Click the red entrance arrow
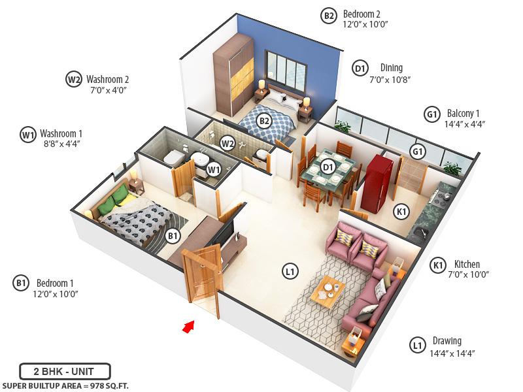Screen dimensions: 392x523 [x=188, y=325]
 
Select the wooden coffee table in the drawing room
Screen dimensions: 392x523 [x=328, y=291]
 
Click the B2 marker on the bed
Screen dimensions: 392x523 [x=263, y=121]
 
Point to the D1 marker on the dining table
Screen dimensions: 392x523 [x=328, y=167]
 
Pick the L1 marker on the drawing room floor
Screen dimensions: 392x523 [x=288, y=269]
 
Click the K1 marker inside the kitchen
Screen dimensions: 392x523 [x=401, y=212]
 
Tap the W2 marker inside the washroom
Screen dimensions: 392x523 [x=228, y=142]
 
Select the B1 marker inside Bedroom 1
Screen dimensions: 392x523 [x=173, y=236]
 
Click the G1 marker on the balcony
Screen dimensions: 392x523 [x=416, y=152]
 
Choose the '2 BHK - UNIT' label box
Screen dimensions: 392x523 [x=65, y=372]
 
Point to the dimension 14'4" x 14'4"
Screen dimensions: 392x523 [x=452, y=353]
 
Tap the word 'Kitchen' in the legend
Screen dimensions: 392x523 [x=467, y=265]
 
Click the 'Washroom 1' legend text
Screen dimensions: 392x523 [x=61, y=131]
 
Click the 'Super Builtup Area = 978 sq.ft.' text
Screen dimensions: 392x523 [x=65, y=385]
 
